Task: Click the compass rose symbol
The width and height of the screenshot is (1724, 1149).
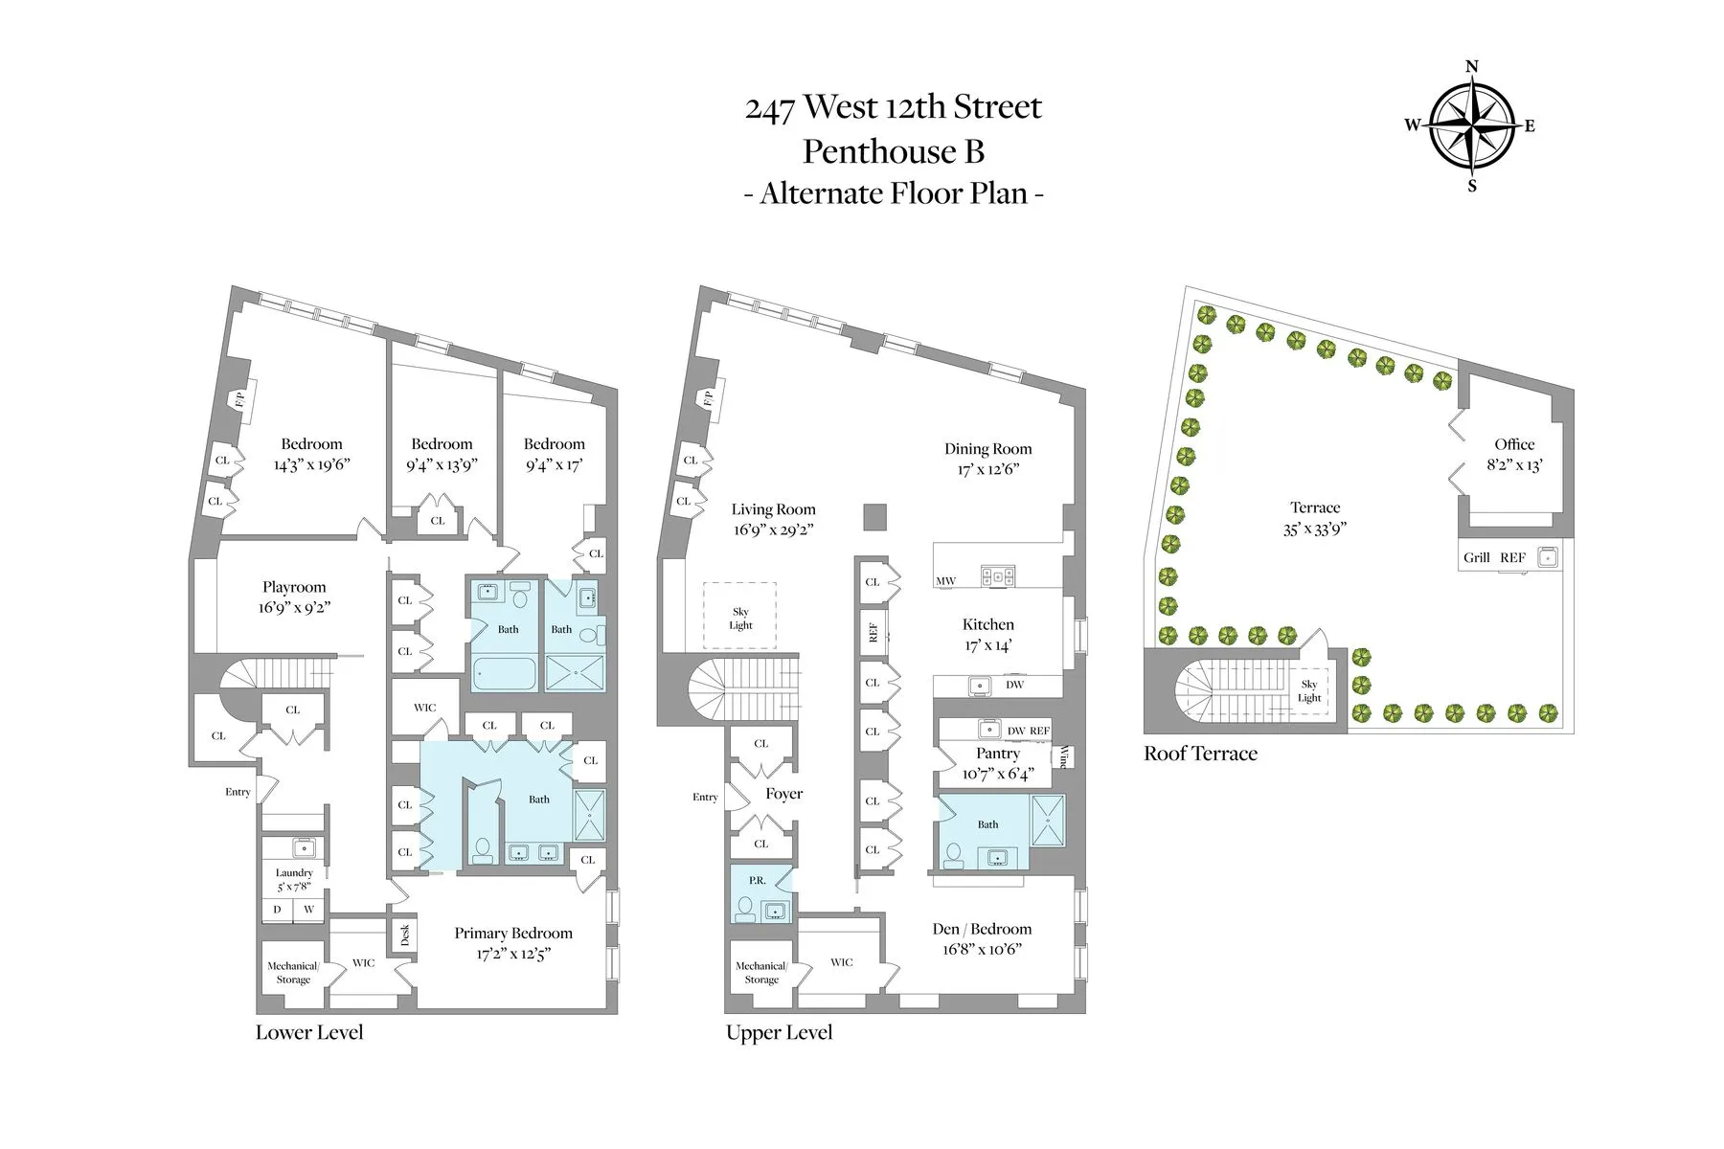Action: pyautogui.click(x=1472, y=125)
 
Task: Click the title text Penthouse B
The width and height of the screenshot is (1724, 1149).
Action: pyautogui.click(x=893, y=151)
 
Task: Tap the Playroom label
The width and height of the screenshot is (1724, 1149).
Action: pyautogui.click(x=294, y=587)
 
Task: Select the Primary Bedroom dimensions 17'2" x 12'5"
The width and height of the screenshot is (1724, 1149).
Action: pyautogui.click(x=513, y=954)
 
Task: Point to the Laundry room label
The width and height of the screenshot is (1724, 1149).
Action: pyautogui.click(x=294, y=872)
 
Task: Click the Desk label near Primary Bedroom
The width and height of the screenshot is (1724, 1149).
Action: pyautogui.click(x=404, y=935)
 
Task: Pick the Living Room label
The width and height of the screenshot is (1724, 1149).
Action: pyautogui.click(x=773, y=509)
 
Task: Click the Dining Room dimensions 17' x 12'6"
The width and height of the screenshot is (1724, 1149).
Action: pyautogui.click(x=987, y=469)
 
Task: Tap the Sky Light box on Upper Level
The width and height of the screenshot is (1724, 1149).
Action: pyautogui.click(x=740, y=618)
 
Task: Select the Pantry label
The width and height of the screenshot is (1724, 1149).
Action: pyautogui.click(x=997, y=754)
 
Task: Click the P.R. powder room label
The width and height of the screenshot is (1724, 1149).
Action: pyautogui.click(x=757, y=880)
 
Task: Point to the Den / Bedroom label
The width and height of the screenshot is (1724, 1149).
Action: pyautogui.click(x=982, y=929)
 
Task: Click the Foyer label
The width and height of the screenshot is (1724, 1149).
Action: pyautogui.click(x=783, y=794)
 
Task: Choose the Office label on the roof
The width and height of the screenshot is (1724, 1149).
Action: pyautogui.click(x=1514, y=444)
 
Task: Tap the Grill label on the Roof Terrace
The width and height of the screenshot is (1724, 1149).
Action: pyautogui.click(x=1476, y=557)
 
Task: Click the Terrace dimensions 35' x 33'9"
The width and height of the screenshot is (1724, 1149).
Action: pyautogui.click(x=1315, y=529)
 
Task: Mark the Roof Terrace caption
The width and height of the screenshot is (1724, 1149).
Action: pyautogui.click(x=1200, y=754)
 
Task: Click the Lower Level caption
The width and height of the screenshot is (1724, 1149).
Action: pyautogui.click(x=309, y=1032)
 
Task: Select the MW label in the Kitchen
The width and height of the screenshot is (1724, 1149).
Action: pyautogui.click(x=945, y=580)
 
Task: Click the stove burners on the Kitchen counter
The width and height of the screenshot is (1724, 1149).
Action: pyautogui.click(x=997, y=576)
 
